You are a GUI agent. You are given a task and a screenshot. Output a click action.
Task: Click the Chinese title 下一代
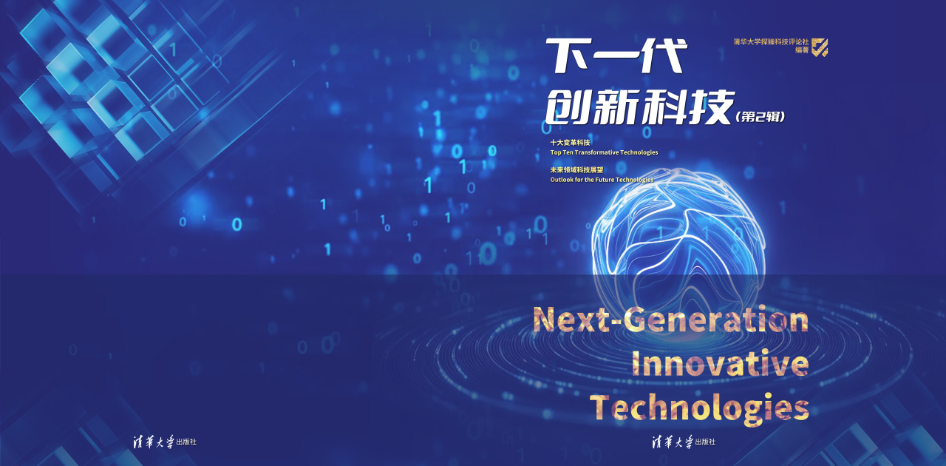tap(616, 55)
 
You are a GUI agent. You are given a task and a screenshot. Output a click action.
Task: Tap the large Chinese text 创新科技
tap(639, 107)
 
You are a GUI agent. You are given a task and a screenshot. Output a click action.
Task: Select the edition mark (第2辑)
tap(760, 117)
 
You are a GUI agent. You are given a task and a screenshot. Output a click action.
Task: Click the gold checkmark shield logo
tap(820, 47)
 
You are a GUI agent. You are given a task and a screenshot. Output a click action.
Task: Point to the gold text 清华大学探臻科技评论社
tap(771, 41)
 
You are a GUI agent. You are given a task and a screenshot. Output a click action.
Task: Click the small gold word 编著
tap(802, 50)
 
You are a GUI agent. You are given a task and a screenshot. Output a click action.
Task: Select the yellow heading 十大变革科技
tap(570, 143)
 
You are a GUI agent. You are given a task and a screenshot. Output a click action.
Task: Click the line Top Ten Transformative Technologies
tap(604, 152)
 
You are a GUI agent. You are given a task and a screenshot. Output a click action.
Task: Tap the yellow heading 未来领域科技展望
tap(577, 170)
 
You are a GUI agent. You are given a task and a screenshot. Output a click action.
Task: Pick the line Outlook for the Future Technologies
tap(602, 180)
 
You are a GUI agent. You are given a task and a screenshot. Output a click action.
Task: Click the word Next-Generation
tap(670, 320)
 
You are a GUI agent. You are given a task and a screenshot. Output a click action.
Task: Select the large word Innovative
tap(720, 364)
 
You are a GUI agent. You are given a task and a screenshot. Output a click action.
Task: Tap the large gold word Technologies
tap(699, 408)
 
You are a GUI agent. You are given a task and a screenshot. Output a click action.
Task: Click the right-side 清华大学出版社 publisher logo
tap(684, 442)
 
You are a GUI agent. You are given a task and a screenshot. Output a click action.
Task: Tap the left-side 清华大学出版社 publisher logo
tap(165, 442)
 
